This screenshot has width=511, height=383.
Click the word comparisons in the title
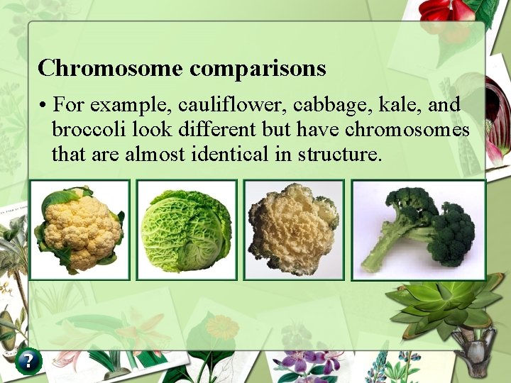258,69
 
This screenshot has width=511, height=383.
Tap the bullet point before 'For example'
44,106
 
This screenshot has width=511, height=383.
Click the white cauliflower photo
79,229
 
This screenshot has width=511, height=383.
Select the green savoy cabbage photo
186,229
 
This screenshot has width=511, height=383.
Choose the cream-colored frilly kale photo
293,229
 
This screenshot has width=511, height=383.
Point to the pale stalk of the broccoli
387,248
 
